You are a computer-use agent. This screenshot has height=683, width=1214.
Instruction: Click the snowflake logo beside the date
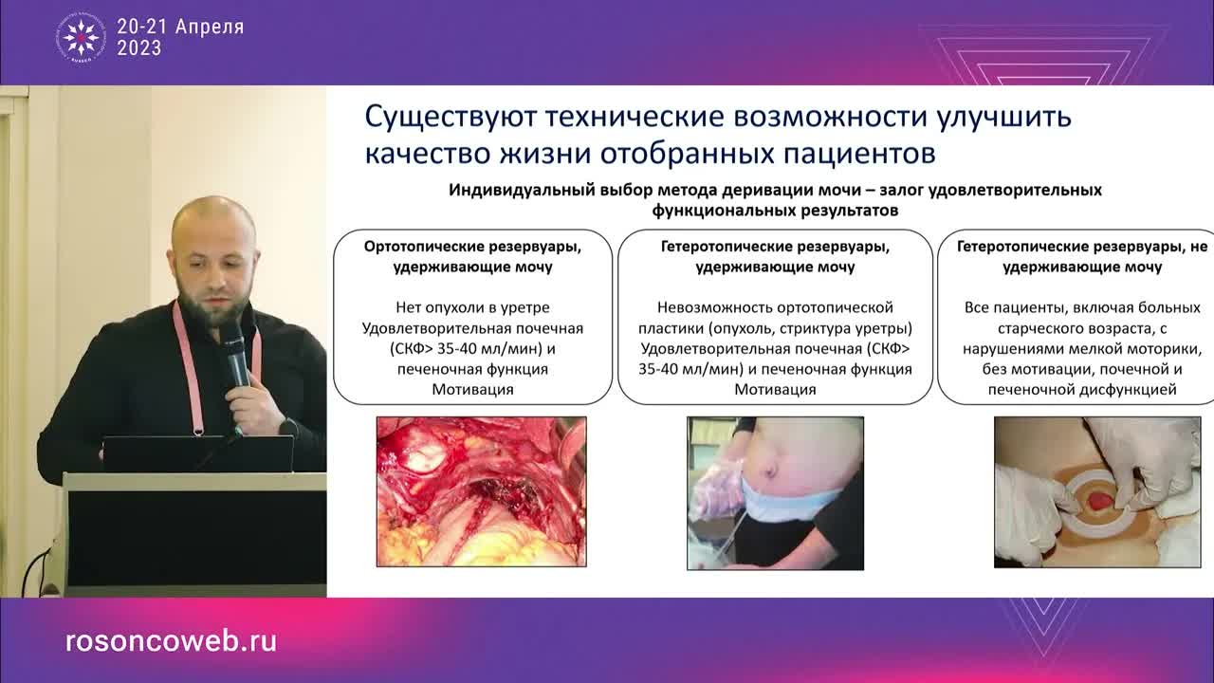pos(81,38)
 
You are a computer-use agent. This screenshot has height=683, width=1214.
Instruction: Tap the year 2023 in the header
pos(139,48)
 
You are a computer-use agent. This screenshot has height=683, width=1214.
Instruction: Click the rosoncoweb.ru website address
pos(171,640)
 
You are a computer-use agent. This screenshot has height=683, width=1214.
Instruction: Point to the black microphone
pos(233,351)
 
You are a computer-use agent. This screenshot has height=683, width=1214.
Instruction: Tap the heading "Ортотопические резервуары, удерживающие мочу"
pos(472,256)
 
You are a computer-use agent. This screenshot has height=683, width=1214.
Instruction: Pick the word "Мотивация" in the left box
pos(472,389)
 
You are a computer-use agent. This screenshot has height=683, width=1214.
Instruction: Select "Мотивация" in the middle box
pos(775,389)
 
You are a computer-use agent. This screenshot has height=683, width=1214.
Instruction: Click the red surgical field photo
pos(481,491)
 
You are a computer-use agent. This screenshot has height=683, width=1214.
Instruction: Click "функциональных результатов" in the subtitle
pos(775,209)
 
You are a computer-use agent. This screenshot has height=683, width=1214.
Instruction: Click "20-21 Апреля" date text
pos(180,28)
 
